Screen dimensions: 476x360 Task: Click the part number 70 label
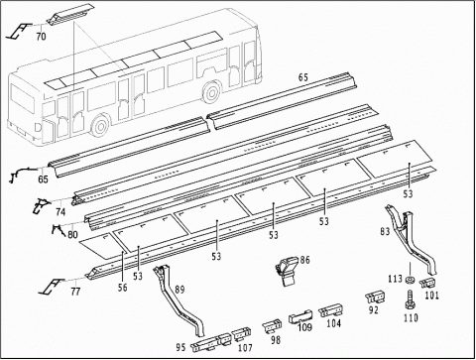[x=41, y=36]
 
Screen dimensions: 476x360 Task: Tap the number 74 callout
[x=60, y=211]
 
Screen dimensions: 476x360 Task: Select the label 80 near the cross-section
[x=72, y=234]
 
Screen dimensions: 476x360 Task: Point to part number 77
[x=75, y=292]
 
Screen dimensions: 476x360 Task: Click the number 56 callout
[x=122, y=287]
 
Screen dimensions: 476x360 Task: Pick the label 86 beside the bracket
[x=304, y=260]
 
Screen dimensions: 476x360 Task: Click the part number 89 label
[x=179, y=290]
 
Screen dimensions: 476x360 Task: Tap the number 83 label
[x=385, y=231]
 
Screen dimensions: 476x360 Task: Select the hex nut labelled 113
[x=410, y=281]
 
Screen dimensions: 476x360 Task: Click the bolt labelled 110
[x=410, y=300]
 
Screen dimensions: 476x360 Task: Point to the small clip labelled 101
[x=427, y=283]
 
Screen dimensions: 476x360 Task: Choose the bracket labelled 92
[x=376, y=298]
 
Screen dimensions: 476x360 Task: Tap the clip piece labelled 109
[x=300, y=316]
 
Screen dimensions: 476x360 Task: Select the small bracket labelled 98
[x=273, y=325]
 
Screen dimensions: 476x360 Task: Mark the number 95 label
[x=180, y=347]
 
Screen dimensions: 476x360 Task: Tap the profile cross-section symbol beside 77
[x=51, y=287]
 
